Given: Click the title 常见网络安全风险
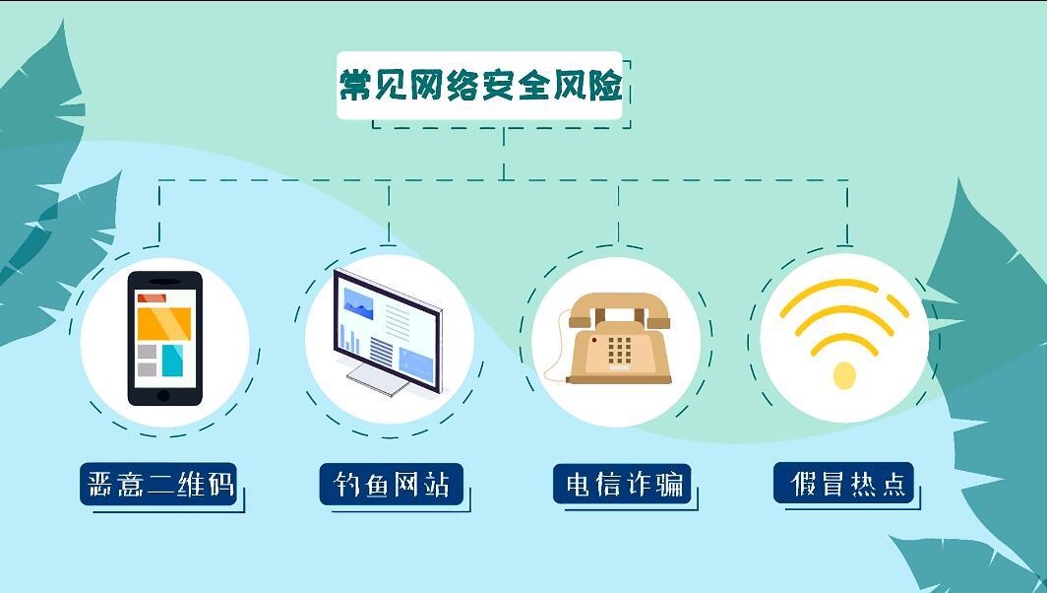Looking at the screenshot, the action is click(x=480, y=85).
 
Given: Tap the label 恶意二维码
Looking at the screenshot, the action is click(x=160, y=484).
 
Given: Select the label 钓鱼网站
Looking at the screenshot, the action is click(x=392, y=484).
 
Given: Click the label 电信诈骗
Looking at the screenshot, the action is click(x=624, y=484).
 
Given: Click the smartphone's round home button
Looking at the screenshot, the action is click(x=163, y=396).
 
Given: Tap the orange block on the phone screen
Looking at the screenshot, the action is click(x=163, y=322).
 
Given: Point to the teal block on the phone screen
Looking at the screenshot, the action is click(x=172, y=361).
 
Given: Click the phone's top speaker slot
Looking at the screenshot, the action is click(x=163, y=282).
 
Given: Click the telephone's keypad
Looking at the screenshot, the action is click(x=619, y=351).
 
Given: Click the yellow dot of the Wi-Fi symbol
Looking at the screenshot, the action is click(x=844, y=375).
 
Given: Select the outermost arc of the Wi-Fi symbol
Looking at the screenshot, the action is click(x=844, y=295).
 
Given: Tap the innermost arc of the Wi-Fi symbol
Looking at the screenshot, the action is click(x=844, y=342).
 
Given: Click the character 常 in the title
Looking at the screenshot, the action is click(x=356, y=85).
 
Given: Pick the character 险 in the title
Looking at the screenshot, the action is click(x=605, y=85).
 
